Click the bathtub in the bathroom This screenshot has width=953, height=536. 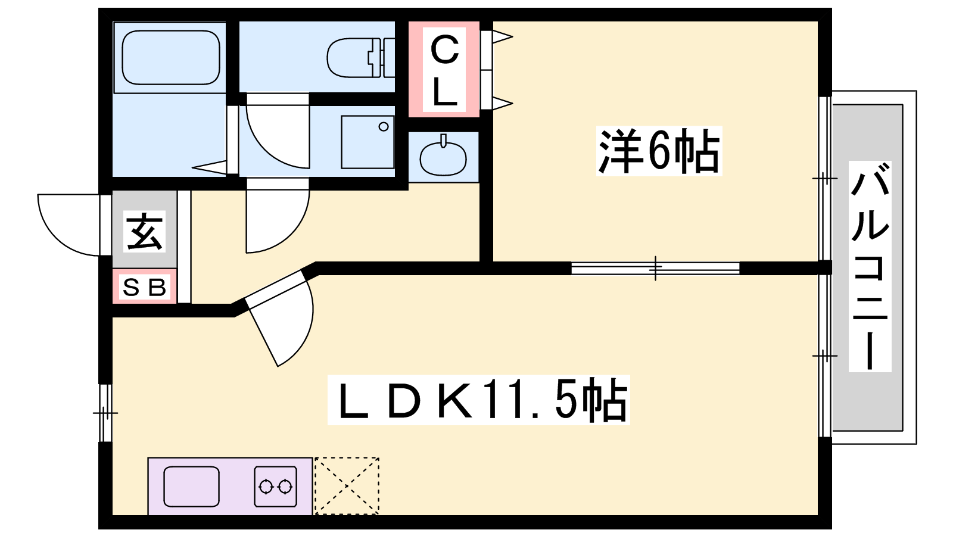tap(171, 57)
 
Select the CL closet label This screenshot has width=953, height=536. tap(444, 70)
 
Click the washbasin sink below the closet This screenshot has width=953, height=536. tap(443, 157)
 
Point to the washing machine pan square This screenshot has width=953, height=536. tap(368, 142)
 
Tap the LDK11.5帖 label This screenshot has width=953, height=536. tap(478, 400)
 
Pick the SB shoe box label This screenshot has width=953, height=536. tap(144, 288)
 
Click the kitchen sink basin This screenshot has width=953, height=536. tap(191, 486)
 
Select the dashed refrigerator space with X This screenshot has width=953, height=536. tap(346, 486)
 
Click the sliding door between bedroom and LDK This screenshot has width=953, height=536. tap(655, 268)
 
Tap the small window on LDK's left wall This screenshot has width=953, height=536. tap(105, 413)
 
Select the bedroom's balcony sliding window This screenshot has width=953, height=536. tap(824, 178)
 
